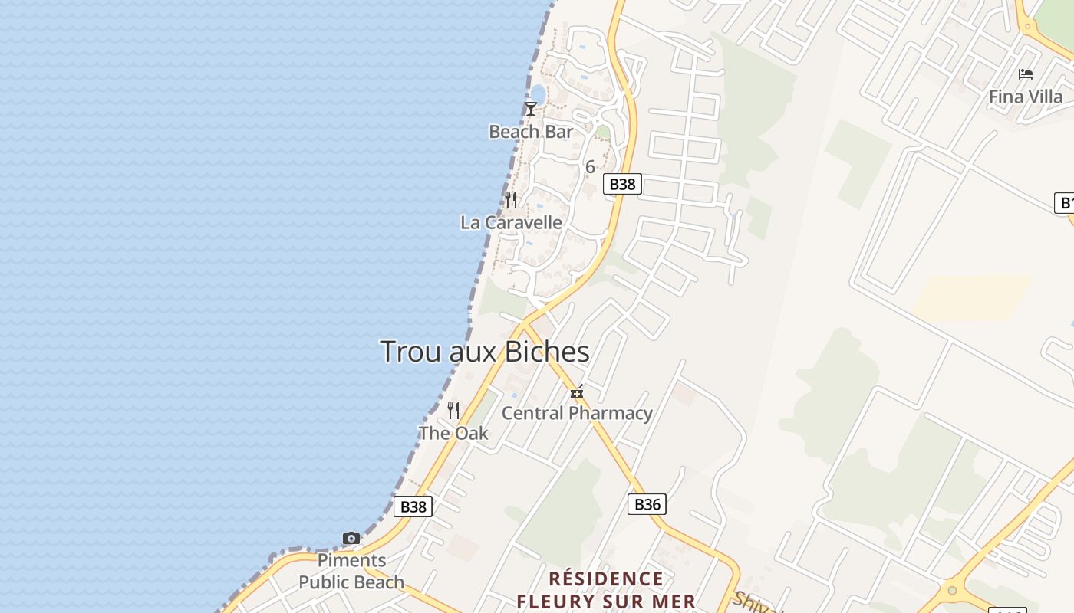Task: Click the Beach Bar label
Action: (x=531, y=132)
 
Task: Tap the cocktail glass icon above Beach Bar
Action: (x=530, y=109)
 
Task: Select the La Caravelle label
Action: (x=511, y=223)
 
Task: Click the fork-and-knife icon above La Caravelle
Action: (x=511, y=200)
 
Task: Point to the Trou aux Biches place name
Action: (x=485, y=352)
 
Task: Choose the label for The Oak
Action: (x=453, y=433)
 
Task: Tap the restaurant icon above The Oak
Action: (x=453, y=411)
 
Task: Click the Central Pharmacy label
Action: (x=577, y=414)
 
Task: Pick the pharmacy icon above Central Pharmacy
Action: (x=577, y=392)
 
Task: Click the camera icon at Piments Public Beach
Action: (x=351, y=539)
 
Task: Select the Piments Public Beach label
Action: (x=351, y=572)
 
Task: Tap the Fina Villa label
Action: (x=1026, y=97)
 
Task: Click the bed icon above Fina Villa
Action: (x=1026, y=74)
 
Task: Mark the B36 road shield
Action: (x=647, y=504)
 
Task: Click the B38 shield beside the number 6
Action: (x=622, y=184)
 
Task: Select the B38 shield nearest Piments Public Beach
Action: (x=413, y=506)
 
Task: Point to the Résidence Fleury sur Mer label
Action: (x=606, y=590)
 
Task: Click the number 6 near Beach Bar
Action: (x=590, y=166)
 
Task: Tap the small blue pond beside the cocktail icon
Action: (x=538, y=94)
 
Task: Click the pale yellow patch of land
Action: (x=970, y=298)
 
